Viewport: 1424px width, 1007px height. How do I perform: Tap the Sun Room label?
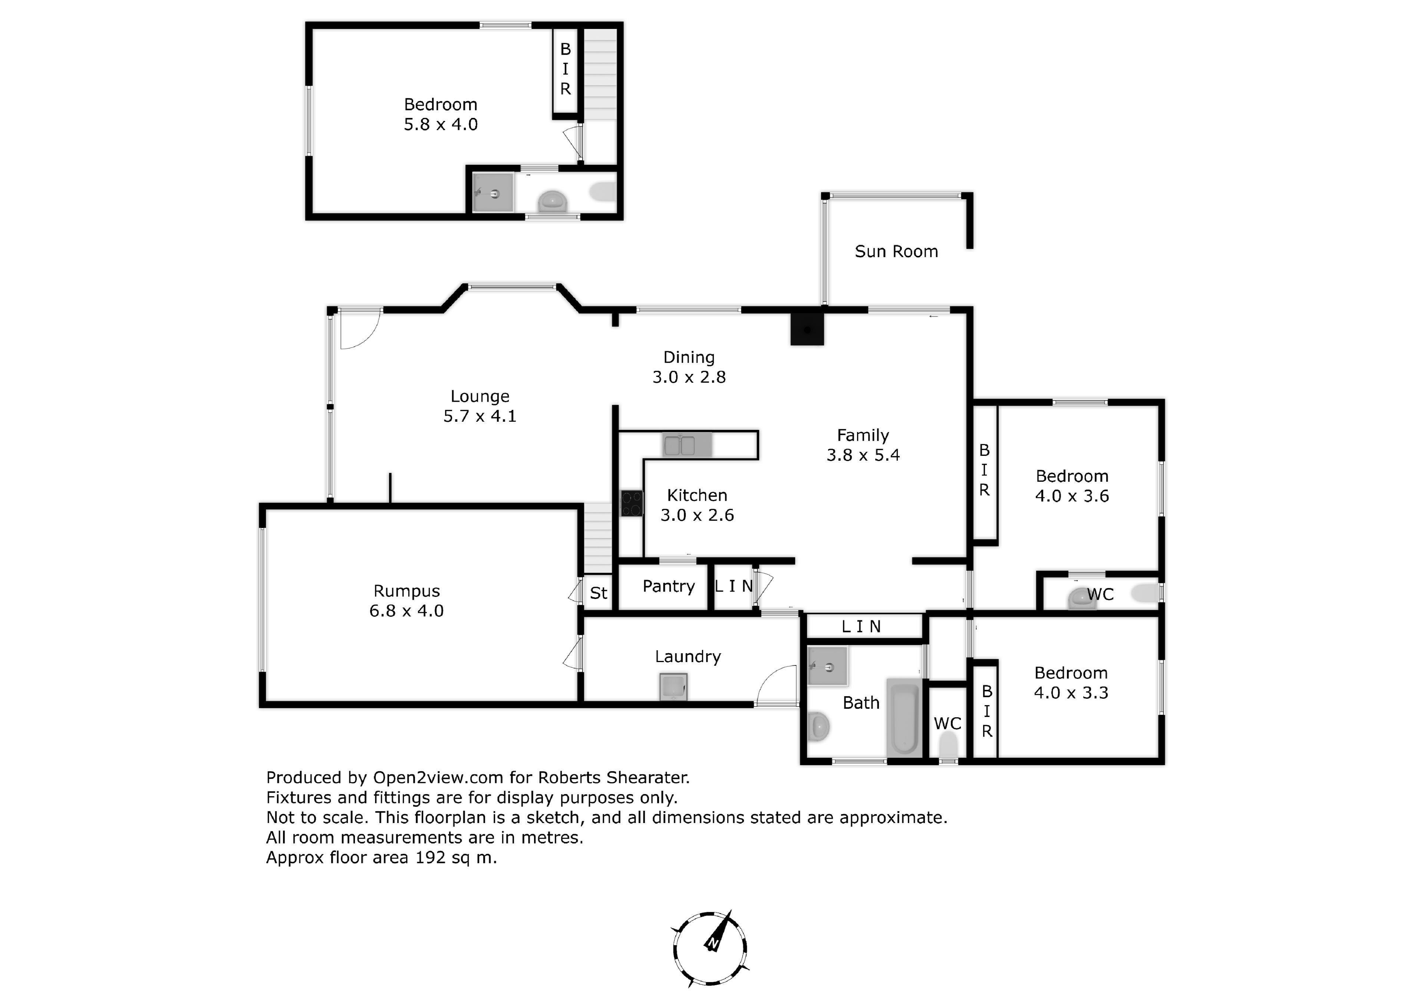tap(896, 252)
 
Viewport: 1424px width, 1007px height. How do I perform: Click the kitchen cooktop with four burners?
tap(632, 503)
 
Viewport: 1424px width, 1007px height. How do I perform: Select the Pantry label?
tap(669, 587)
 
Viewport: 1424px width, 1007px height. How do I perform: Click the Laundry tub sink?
tap(673, 687)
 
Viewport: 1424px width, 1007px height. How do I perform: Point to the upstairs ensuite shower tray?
tap(494, 193)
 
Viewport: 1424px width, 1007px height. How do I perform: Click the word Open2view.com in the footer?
tap(438, 778)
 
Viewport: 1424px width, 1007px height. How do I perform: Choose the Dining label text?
tap(689, 358)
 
